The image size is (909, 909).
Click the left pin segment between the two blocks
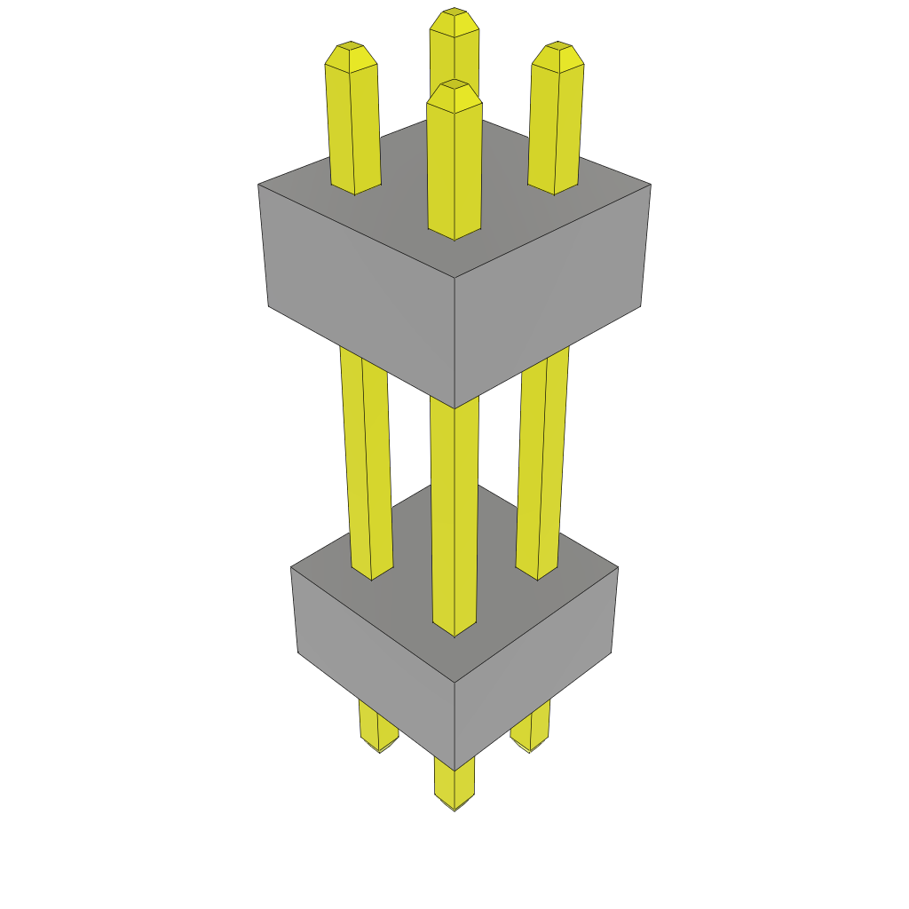click(x=367, y=462)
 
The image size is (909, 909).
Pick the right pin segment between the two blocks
click(x=542, y=462)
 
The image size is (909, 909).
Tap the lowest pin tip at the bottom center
click(x=454, y=806)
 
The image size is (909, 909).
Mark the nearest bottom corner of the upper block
click(x=454, y=407)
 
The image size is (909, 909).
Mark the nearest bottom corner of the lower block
click(x=454, y=770)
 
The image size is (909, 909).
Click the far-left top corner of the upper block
click(x=259, y=185)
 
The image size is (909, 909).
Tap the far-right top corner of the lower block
click(x=617, y=568)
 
